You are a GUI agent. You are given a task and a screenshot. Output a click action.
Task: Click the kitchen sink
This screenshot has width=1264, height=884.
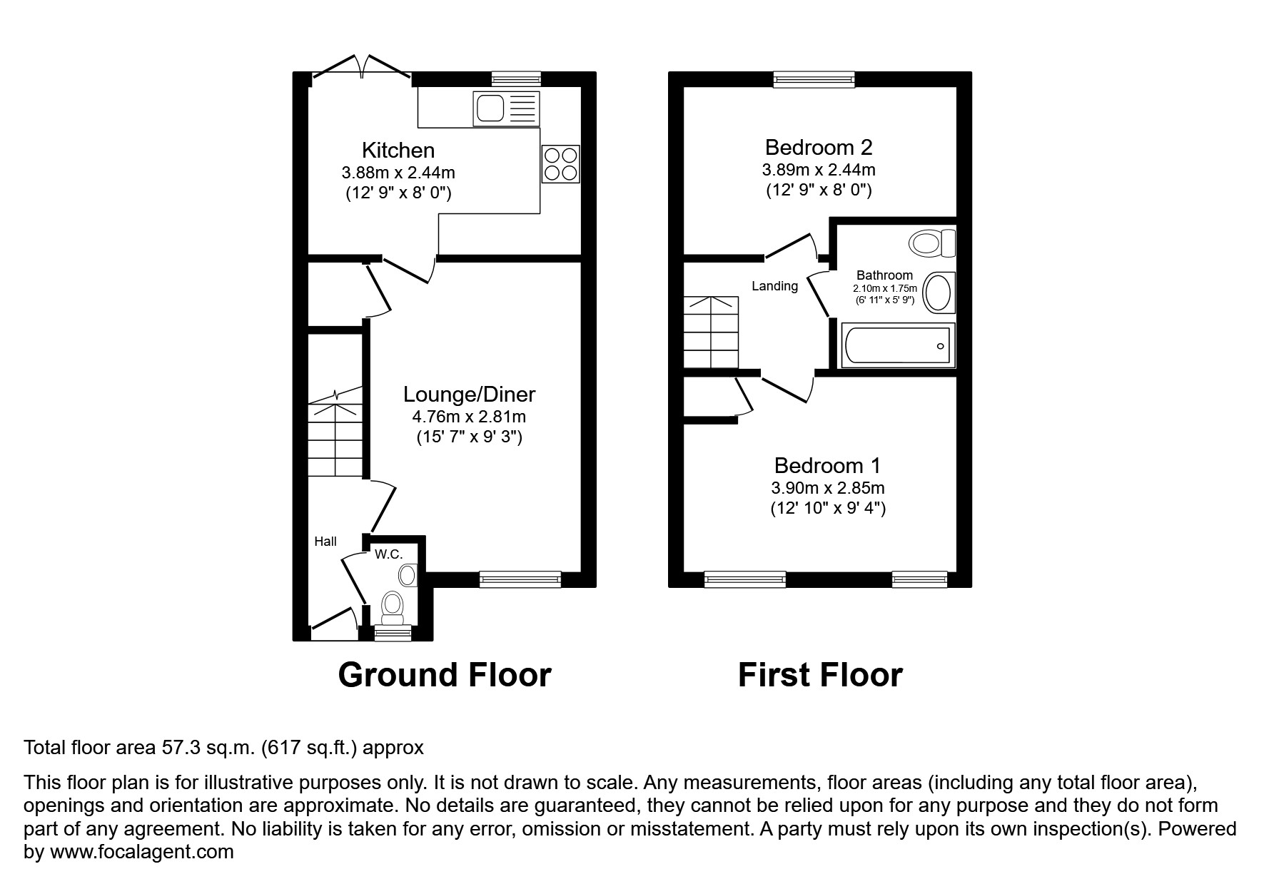point(505,109)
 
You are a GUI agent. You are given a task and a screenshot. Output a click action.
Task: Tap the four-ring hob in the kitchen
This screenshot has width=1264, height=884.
point(560,164)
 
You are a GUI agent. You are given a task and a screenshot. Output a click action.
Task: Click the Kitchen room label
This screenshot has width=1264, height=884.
point(398,151)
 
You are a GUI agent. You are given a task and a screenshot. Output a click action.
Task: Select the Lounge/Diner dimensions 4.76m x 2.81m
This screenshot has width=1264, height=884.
point(469,417)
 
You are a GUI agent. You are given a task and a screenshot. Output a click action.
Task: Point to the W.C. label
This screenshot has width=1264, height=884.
point(388,554)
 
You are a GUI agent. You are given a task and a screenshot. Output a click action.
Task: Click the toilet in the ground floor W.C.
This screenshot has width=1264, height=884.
point(393,605)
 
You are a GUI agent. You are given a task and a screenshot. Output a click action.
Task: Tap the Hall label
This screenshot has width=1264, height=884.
point(325,542)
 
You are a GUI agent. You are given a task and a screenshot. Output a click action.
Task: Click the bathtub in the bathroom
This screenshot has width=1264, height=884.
point(898,346)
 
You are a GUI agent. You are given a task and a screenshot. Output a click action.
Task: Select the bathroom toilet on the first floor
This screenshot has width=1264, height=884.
point(931,243)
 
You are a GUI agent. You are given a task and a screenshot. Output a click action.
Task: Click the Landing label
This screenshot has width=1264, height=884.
point(774,286)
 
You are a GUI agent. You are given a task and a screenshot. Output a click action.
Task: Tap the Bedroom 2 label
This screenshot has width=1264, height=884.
point(818,148)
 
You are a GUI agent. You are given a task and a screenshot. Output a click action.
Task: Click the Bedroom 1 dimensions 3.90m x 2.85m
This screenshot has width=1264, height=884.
point(827,488)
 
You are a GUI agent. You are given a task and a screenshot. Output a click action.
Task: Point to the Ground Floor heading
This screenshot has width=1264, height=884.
point(444,675)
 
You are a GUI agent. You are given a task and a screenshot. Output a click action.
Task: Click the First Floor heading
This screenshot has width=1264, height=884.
point(819,675)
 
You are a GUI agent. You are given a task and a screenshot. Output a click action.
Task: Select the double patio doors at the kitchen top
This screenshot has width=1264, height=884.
point(362,69)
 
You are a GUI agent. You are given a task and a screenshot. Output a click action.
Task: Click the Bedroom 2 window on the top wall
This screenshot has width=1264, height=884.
point(814,79)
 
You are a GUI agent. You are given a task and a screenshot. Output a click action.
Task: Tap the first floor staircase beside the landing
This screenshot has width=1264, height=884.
point(711,332)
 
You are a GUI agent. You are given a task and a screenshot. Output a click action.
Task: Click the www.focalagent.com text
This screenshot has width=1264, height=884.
point(141,851)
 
